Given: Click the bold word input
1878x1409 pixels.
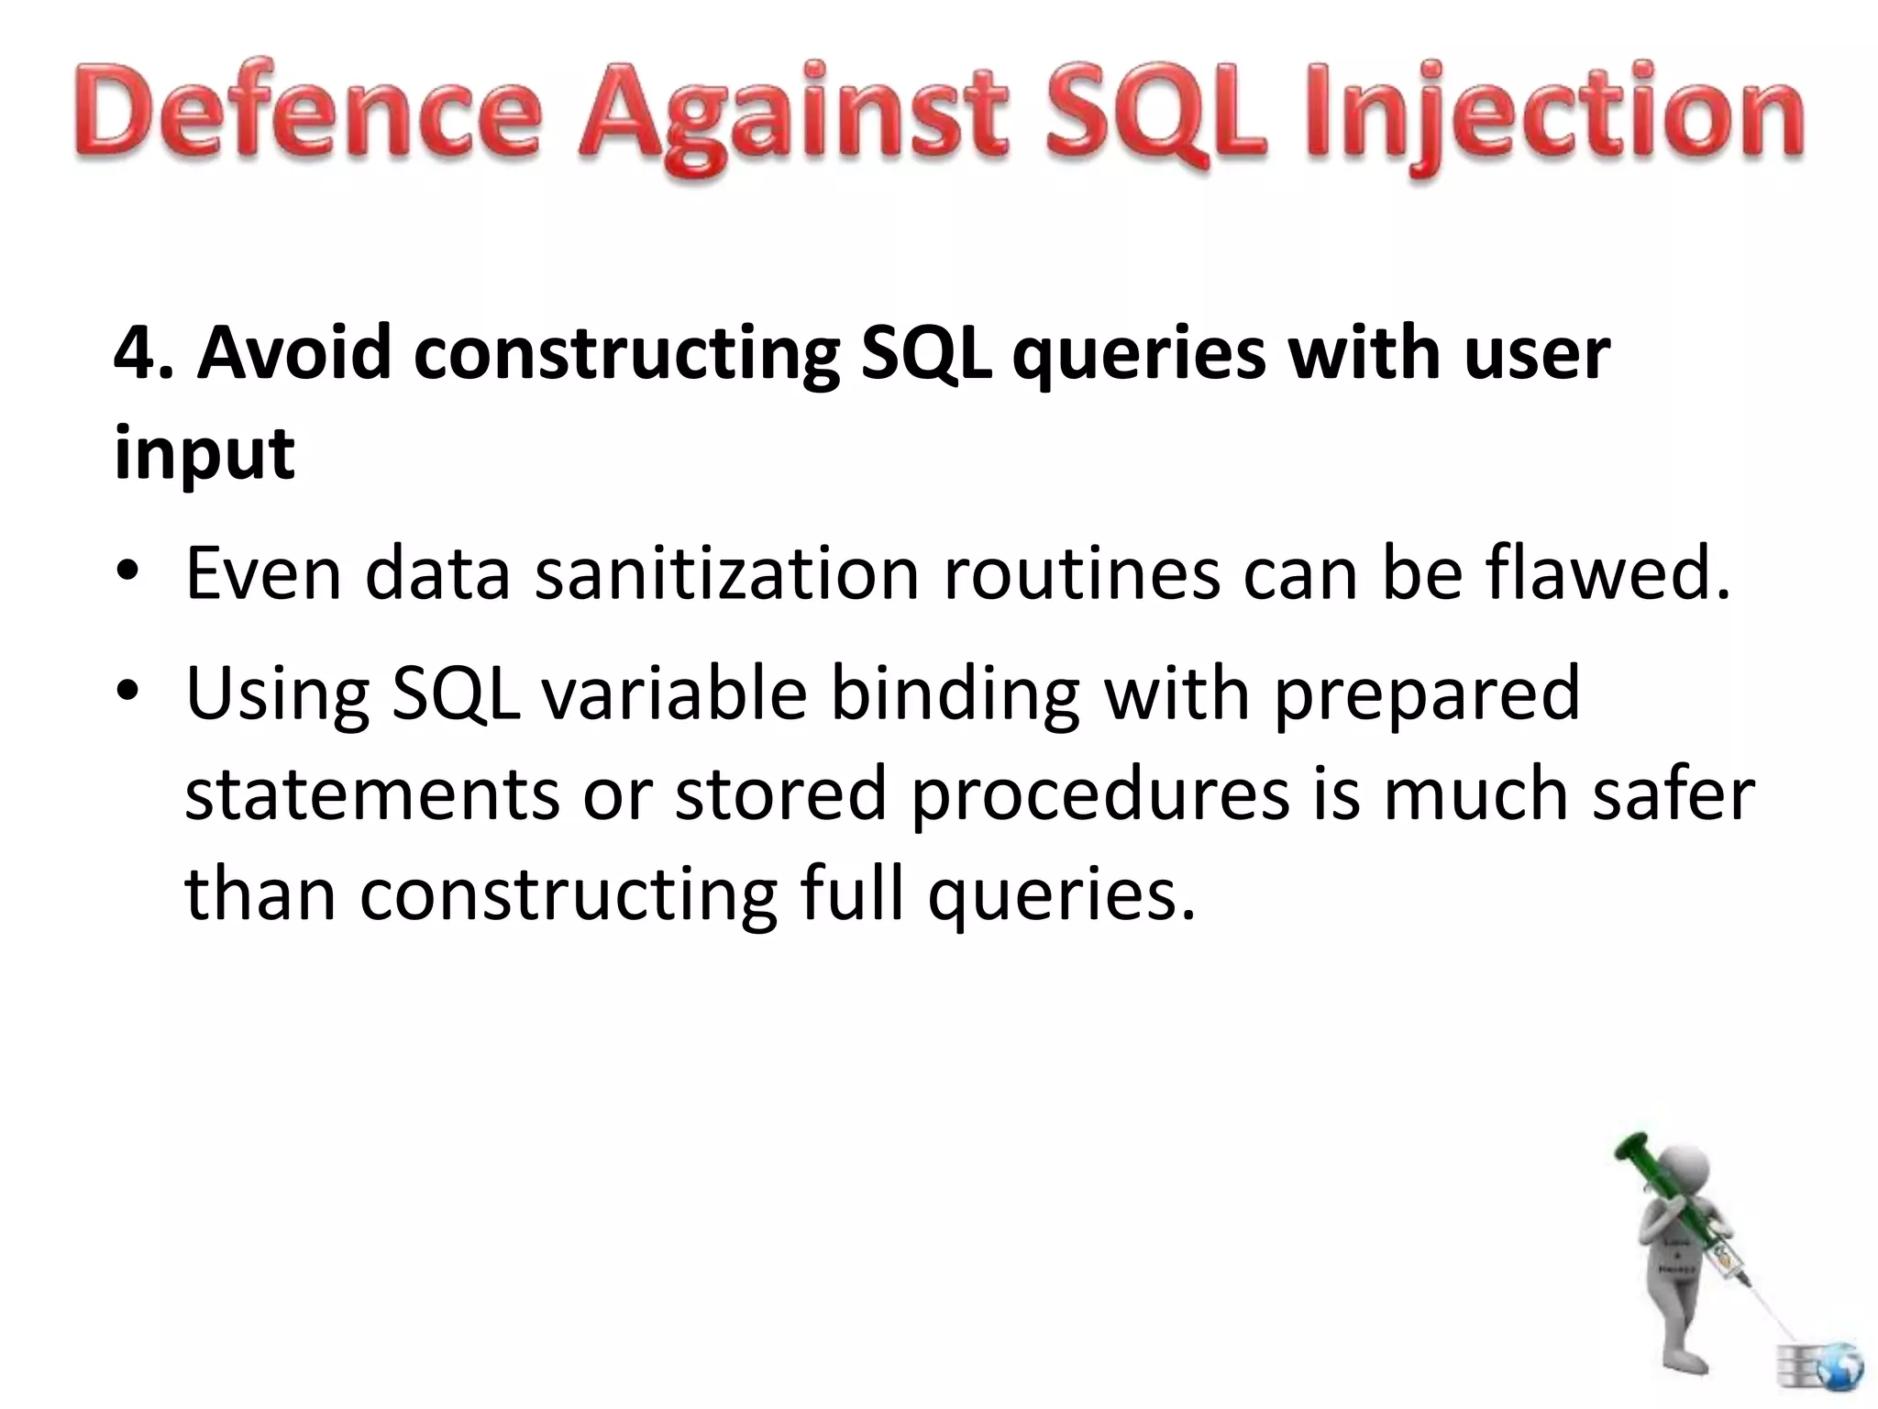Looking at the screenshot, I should [x=204, y=454].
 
